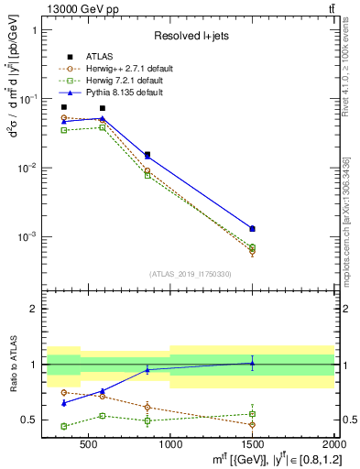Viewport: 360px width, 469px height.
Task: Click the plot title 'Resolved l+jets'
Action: tap(190, 36)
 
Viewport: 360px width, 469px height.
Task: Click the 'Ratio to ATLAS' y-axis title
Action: tap(12, 365)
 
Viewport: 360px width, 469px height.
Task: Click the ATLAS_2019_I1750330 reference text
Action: tap(190, 273)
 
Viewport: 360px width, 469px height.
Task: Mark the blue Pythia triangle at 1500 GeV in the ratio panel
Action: tap(252, 363)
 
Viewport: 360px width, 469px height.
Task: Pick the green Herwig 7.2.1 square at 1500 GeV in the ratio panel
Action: tap(252, 414)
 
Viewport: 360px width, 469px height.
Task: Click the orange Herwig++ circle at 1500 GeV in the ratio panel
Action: tap(252, 424)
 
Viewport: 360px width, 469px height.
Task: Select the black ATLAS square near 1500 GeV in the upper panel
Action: tap(252, 228)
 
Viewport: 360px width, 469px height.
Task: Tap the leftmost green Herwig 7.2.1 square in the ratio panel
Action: tap(63, 426)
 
